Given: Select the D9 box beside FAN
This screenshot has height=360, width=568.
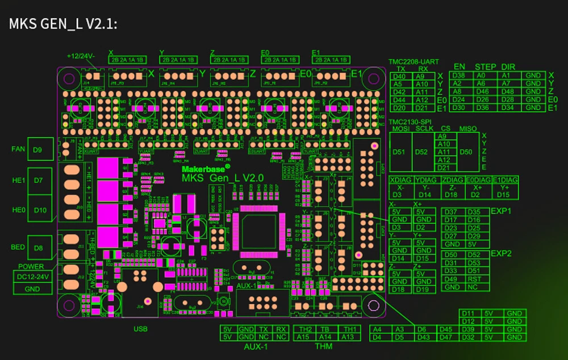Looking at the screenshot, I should click(38, 150).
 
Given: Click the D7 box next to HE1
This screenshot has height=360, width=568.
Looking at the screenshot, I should click(38, 180).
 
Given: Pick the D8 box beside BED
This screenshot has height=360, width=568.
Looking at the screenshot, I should click(38, 248).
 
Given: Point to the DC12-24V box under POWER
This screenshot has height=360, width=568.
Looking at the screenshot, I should click(32, 277).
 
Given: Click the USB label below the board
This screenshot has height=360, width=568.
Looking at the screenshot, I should click(140, 329).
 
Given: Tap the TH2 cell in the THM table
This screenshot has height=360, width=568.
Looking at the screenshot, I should click(306, 329).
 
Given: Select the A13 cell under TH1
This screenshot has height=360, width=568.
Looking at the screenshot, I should click(350, 337).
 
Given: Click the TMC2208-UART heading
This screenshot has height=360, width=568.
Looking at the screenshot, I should click(414, 62).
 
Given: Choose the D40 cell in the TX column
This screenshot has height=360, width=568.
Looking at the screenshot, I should click(399, 76).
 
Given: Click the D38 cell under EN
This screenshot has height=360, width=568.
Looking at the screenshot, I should click(459, 75).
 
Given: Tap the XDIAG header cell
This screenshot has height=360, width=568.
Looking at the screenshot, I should click(400, 180).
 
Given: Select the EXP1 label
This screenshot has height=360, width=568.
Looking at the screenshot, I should click(502, 210).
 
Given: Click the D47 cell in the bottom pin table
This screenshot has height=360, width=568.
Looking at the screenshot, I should click(446, 337).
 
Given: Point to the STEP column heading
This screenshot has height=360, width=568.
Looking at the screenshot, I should click(486, 67).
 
